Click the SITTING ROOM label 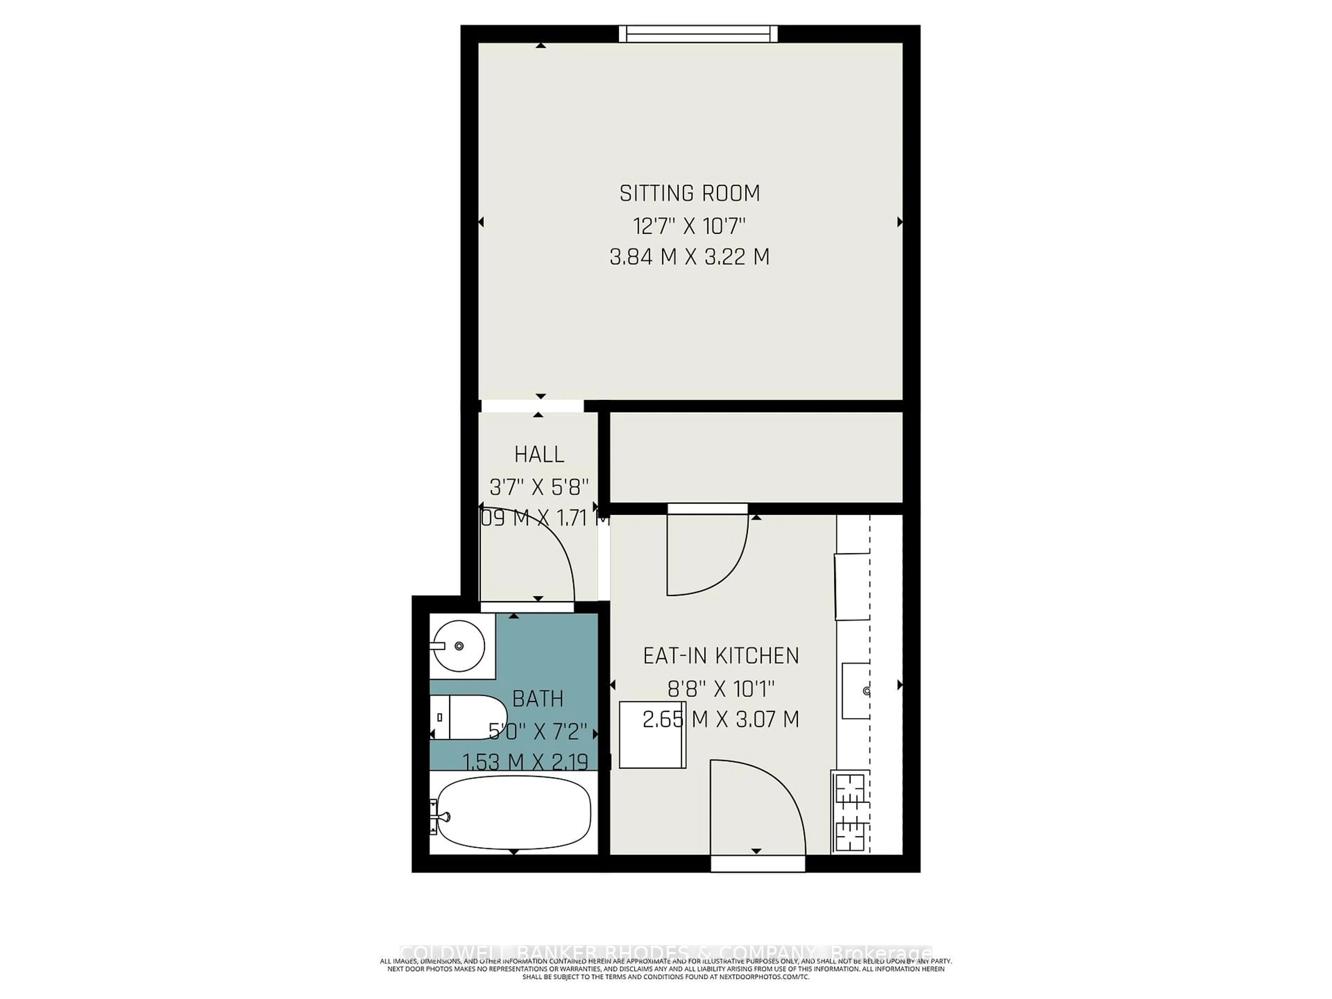[690, 193]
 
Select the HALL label [539, 454]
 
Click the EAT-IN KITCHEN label [721, 656]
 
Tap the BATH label [538, 699]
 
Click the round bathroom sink [459, 646]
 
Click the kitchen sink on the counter [856, 691]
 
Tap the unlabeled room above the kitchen [756, 457]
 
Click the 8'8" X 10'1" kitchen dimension [721, 688]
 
